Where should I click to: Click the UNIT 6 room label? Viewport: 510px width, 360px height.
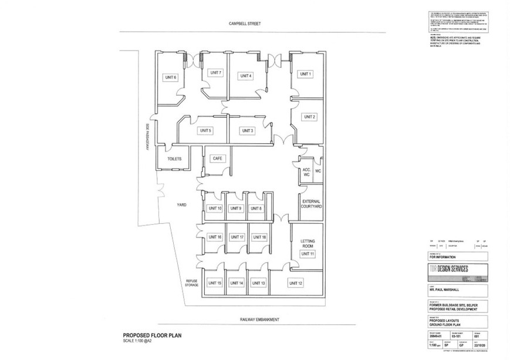click(x=171, y=78)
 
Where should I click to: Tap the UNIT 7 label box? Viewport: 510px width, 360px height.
click(x=216, y=73)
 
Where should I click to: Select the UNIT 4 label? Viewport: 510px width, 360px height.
click(x=246, y=76)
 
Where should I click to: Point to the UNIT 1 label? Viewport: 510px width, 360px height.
click(x=305, y=74)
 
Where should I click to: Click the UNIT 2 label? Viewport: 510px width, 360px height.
click(x=310, y=117)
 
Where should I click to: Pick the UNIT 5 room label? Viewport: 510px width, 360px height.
click(x=205, y=130)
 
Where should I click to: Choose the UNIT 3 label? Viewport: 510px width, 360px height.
click(x=247, y=130)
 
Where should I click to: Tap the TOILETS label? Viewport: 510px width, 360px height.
click(x=175, y=159)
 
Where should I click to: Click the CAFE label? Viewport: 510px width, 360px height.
click(x=217, y=159)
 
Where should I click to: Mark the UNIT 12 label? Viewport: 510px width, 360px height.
click(x=296, y=283)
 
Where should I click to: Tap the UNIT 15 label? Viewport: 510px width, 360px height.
click(x=215, y=283)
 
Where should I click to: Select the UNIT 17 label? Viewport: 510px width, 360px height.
click(x=237, y=237)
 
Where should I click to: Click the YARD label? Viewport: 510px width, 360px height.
click(x=181, y=206)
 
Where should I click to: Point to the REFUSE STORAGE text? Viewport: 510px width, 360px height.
click(x=192, y=282)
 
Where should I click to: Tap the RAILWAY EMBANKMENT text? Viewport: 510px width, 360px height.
click(x=259, y=319)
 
